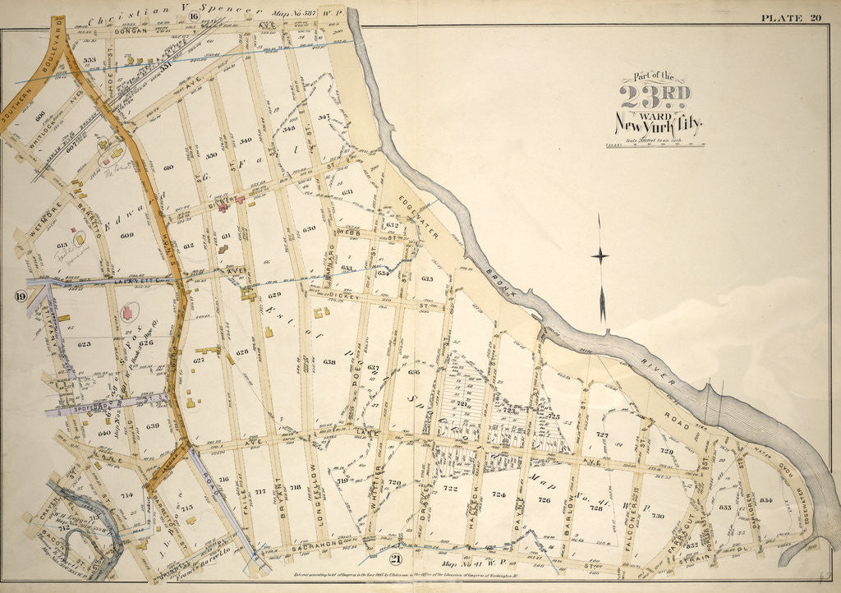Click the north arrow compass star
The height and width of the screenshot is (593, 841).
(x=600, y=256)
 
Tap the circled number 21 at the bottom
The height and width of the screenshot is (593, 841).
(x=396, y=560)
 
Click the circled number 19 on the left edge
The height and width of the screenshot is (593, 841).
(x=18, y=294)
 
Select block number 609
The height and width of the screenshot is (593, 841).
(x=126, y=236)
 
